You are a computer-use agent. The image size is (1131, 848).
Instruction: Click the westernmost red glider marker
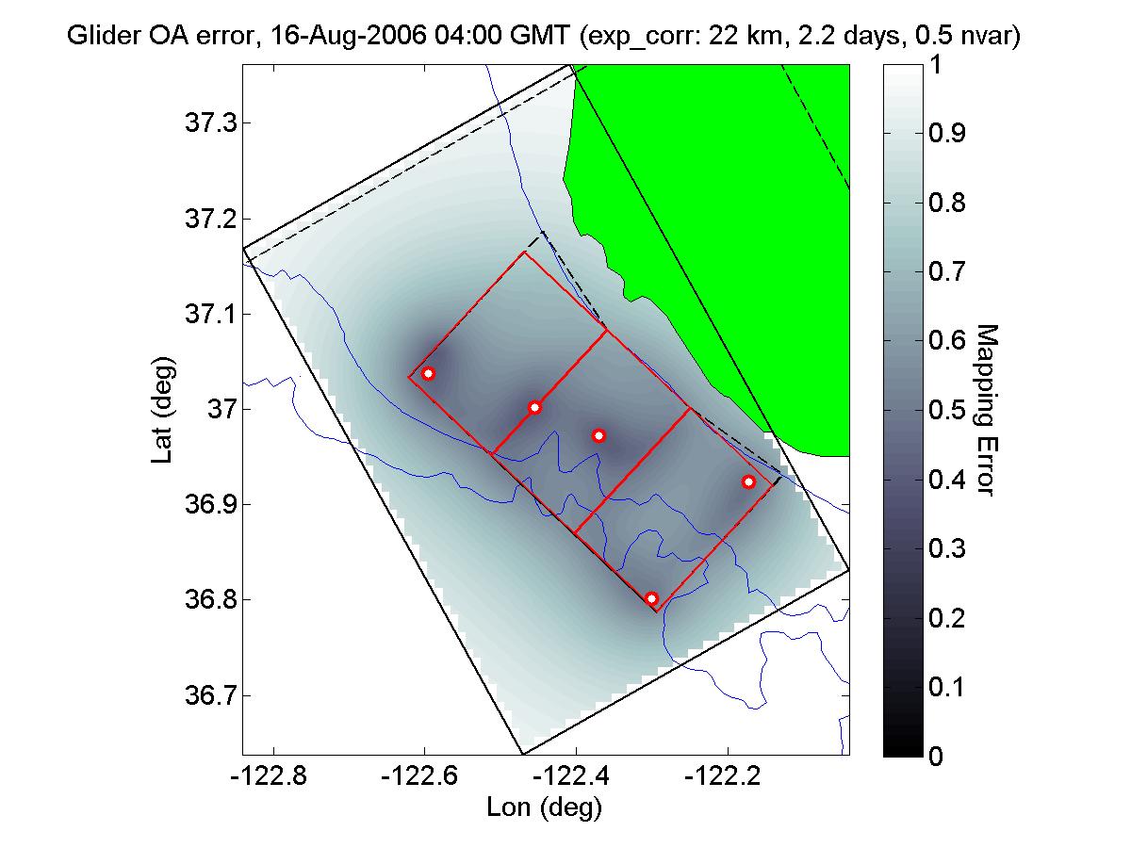429,373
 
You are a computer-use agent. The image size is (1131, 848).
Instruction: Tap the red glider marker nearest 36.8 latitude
651,598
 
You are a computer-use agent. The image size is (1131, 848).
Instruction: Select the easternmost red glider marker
748,481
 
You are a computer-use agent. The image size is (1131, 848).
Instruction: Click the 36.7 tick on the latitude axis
204,696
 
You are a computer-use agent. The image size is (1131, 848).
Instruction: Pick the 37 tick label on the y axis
215,410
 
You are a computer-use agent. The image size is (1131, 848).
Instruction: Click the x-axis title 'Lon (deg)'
544,807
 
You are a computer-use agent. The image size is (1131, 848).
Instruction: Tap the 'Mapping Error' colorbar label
985,410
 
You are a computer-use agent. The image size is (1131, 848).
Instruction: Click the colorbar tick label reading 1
935,66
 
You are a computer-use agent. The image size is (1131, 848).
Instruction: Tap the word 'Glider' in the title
100,38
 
